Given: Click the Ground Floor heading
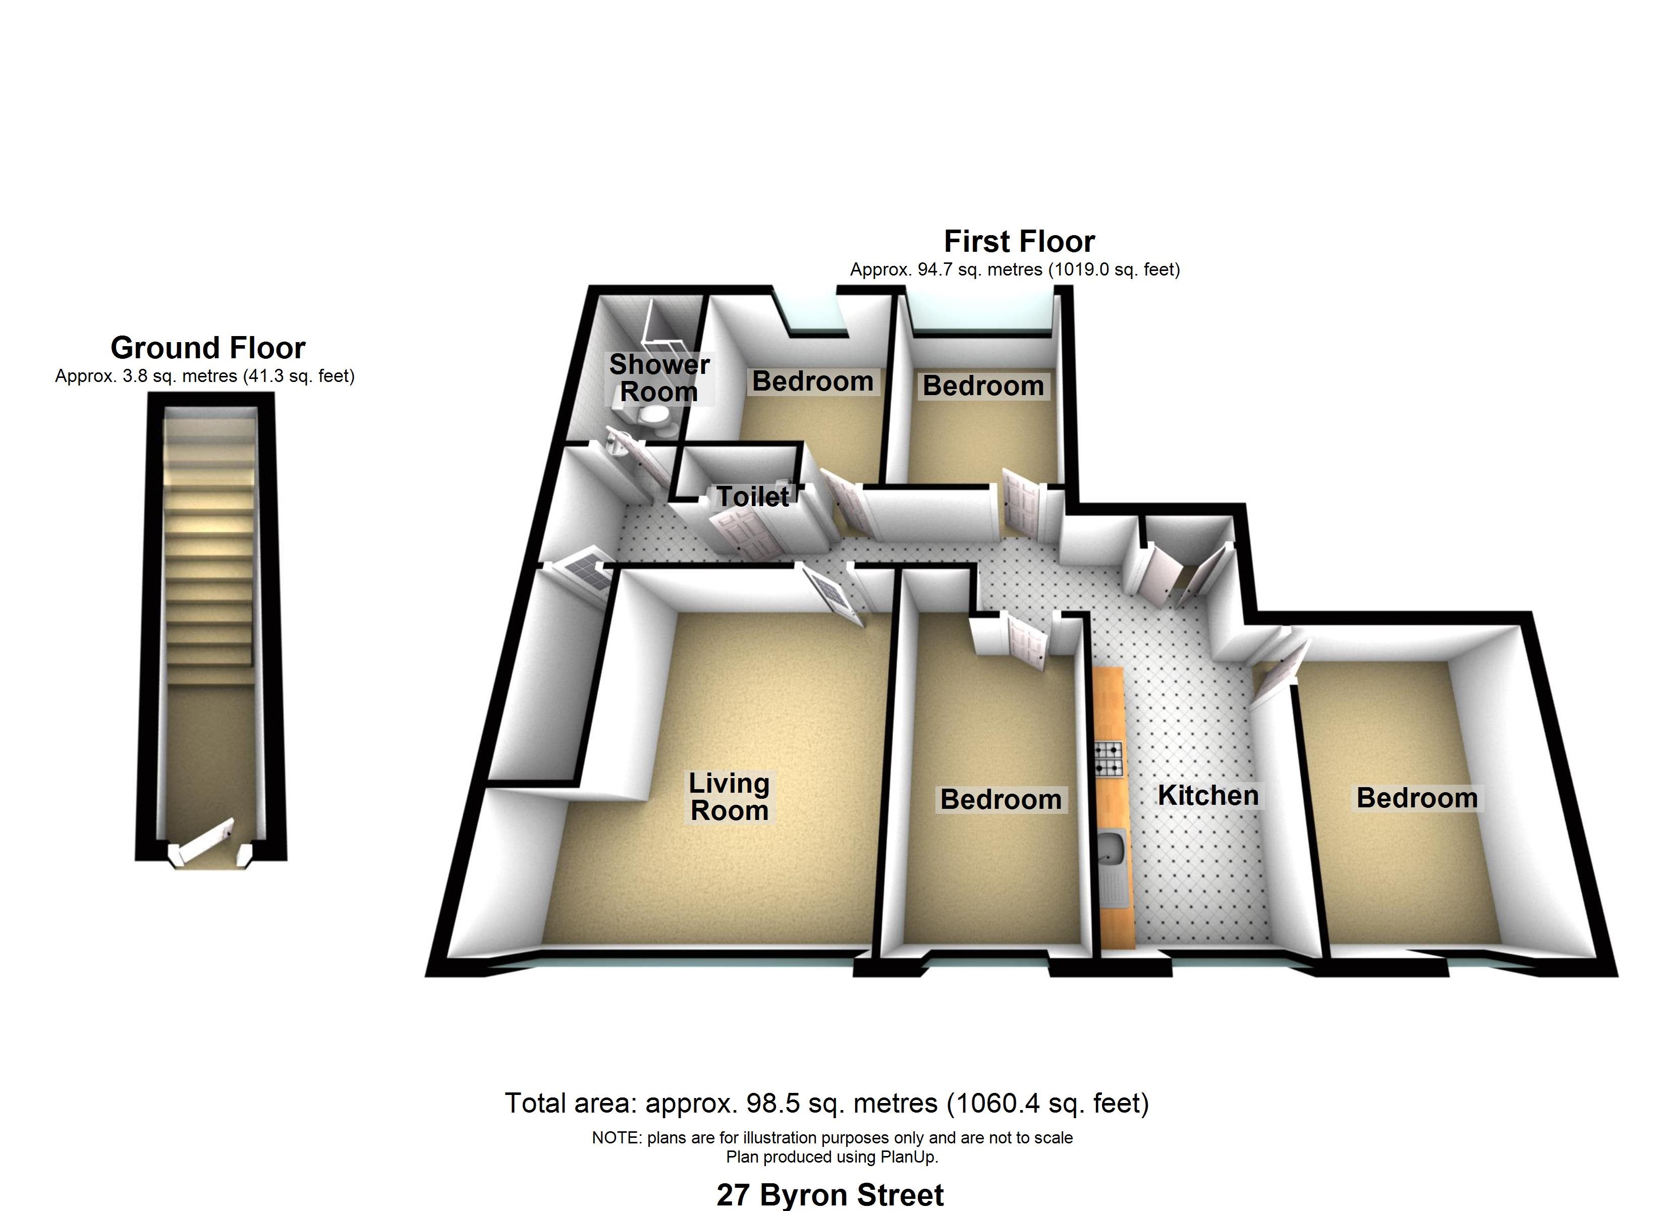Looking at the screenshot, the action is pyautogui.click(x=208, y=347).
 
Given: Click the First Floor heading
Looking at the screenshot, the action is pyautogui.click(x=1019, y=241).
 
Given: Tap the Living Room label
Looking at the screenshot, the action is pyautogui.click(x=729, y=797).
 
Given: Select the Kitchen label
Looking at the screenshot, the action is pyautogui.click(x=1208, y=795).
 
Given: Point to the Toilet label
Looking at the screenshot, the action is pyautogui.click(x=752, y=497).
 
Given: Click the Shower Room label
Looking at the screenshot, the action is pyautogui.click(x=659, y=377).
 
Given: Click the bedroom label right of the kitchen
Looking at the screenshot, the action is pyautogui.click(x=1417, y=798).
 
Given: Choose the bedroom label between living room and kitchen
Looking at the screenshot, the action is pyautogui.click(x=1001, y=799).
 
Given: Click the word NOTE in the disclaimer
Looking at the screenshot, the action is pyautogui.click(x=617, y=1137).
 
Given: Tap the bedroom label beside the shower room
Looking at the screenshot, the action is pyautogui.click(x=813, y=381).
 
